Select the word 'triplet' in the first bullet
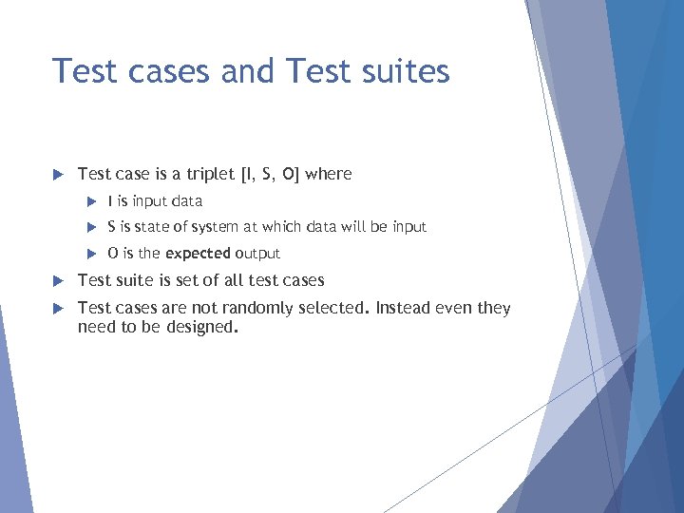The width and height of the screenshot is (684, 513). [209, 174]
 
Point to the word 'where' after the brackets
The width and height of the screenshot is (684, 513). [329, 174]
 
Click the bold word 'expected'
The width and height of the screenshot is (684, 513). [198, 254]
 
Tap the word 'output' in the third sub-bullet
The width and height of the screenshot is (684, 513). [257, 254]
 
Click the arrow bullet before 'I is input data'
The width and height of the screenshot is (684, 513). [92, 201]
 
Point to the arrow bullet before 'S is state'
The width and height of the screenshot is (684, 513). [92, 227]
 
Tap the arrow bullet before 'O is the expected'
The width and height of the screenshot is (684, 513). [92, 254]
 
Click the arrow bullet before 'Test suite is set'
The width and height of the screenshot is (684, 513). [58, 280]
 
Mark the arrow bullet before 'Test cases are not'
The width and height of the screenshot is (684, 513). [58, 308]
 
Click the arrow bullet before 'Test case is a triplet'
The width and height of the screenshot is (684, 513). [58, 174]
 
